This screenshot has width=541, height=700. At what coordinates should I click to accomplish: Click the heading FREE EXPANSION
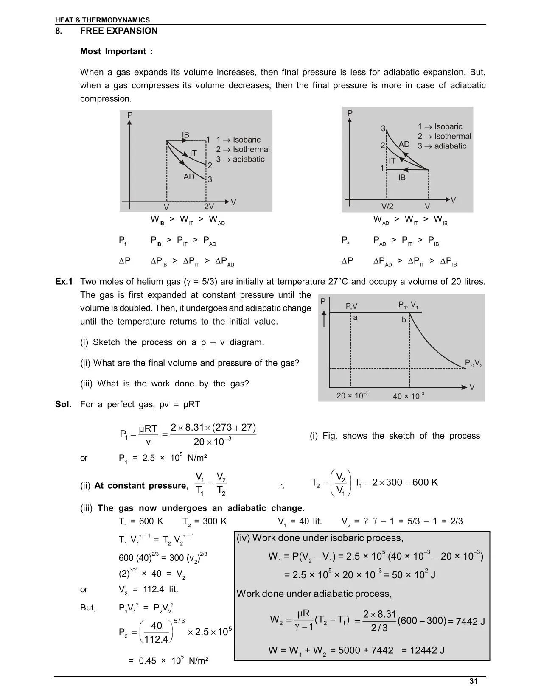[x=119, y=31]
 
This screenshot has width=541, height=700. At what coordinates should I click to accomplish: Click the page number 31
[x=474, y=681]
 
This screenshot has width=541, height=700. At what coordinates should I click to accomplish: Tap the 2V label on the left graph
[x=209, y=207]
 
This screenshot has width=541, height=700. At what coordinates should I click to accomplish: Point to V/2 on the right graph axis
[x=387, y=207]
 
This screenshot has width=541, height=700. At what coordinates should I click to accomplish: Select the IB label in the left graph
[x=185, y=135]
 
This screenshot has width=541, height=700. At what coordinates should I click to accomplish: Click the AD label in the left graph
[x=189, y=176]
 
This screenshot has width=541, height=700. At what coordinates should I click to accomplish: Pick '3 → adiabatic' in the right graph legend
[x=442, y=146]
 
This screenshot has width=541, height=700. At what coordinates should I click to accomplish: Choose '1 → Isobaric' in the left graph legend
[x=238, y=140]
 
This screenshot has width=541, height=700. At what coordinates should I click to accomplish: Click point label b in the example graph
[x=404, y=320]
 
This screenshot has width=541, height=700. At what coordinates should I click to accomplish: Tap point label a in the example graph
[x=356, y=317]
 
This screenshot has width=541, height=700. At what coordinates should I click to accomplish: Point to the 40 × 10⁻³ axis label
[x=408, y=396]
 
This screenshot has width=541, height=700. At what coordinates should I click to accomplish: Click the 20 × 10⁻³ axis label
[x=352, y=396]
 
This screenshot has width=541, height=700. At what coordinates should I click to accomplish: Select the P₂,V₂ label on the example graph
[x=474, y=363]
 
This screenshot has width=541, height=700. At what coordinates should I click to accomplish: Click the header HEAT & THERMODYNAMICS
[x=102, y=20]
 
